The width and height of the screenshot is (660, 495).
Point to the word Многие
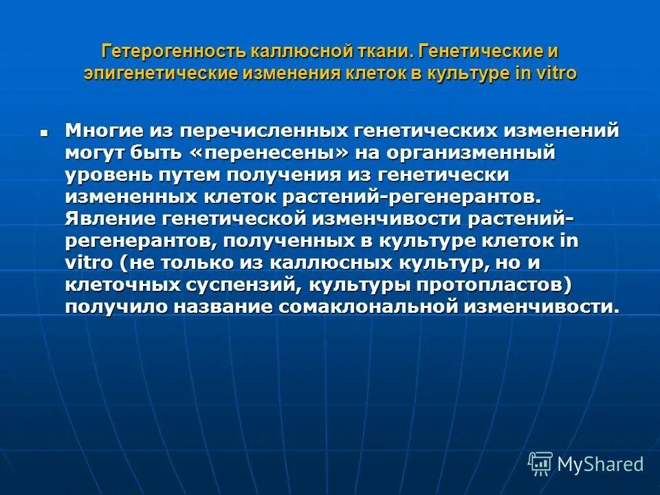tap(103, 131)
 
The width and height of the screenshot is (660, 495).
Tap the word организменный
tap(471, 153)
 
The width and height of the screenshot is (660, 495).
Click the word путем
tap(187, 175)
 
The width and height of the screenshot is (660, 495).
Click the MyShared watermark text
tap(600, 464)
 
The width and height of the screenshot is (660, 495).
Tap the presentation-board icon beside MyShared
tap(540, 463)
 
